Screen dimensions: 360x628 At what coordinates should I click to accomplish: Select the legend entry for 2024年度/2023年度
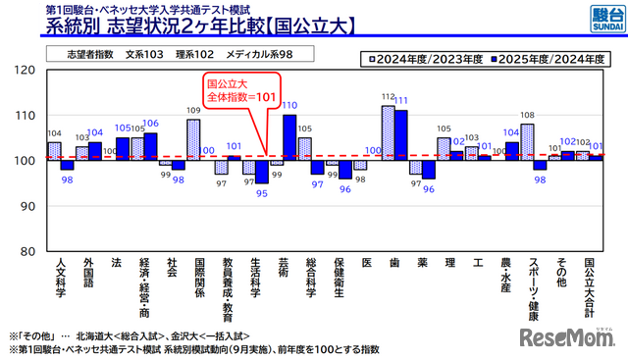coord(425,58)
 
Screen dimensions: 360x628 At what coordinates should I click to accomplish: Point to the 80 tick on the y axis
coord(29,250)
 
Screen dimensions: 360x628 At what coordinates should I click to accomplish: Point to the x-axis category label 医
coord(367,264)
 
